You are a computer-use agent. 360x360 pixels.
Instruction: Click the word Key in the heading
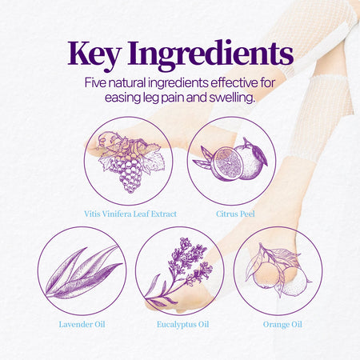pyautogui.click(x=94, y=54)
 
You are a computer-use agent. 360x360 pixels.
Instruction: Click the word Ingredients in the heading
pyautogui.click(x=210, y=55)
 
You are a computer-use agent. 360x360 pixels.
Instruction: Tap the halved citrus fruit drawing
pyautogui.click(x=227, y=164)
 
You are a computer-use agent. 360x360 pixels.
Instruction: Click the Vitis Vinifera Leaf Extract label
pyautogui.click(x=130, y=214)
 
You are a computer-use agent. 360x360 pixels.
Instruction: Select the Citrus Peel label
pyautogui.click(x=235, y=214)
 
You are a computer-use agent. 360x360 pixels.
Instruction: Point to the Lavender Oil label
pyautogui.click(x=82, y=325)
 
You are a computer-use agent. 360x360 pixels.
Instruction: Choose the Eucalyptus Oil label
pyautogui.click(x=182, y=325)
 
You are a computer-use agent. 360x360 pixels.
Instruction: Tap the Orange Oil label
pyautogui.click(x=282, y=325)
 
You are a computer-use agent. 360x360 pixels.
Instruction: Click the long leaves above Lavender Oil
pyautogui.click(x=82, y=272)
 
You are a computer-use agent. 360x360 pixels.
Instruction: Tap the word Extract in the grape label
pyautogui.click(x=164, y=214)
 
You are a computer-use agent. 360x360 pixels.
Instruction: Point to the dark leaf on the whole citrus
pyautogui.click(x=259, y=155)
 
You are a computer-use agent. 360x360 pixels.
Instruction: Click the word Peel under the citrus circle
pyautogui.click(x=246, y=214)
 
